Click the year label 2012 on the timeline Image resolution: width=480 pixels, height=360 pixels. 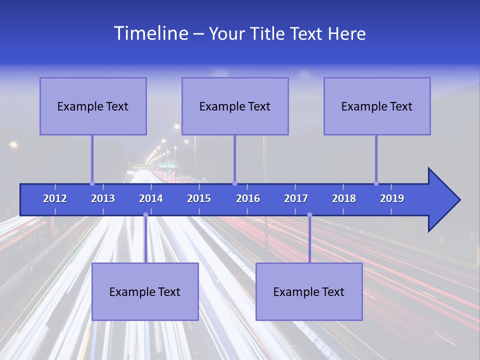click(55, 198)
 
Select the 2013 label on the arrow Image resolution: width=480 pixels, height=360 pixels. click(103, 198)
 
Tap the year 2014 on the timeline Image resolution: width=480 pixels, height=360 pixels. click(151, 198)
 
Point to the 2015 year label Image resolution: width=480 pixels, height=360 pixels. click(199, 198)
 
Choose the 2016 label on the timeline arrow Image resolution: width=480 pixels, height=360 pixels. click(248, 198)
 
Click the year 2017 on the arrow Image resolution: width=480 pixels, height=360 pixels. click(296, 198)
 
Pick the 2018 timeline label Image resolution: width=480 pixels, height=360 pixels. click(344, 198)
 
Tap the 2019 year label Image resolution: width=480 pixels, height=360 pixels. click(392, 198)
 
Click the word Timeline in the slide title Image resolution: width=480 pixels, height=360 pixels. click(149, 33)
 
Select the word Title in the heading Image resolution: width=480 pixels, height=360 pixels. click(268, 34)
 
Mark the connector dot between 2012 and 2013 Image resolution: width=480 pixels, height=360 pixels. click(92, 183)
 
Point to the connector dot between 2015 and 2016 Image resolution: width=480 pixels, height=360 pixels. click(234, 183)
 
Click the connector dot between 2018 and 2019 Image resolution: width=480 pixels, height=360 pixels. click(376, 183)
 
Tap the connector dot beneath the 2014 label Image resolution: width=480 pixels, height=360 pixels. click(145, 215)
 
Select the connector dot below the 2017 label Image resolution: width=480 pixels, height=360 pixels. click(309, 215)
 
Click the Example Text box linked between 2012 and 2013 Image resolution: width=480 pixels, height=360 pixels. click(93, 106)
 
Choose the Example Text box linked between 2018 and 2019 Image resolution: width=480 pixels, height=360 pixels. click(377, 106)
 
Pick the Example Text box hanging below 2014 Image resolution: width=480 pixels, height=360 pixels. click(145, 291)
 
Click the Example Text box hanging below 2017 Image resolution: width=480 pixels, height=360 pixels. click(309, 291)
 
